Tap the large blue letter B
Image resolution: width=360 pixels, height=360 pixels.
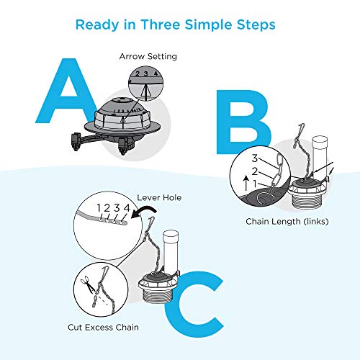click(243, 122)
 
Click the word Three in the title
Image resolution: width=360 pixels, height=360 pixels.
click(161, 24)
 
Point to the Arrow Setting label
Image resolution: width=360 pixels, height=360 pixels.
click(148, 57)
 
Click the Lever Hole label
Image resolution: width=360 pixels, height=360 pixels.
click(159, 197)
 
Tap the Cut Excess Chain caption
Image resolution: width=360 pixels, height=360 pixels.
click(103, 328)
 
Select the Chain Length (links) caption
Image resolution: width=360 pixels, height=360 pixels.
click(287, 221)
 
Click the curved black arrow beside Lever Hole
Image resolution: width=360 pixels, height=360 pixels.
click(144, 211)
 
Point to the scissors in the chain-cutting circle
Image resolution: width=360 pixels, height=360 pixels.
click(88, 284)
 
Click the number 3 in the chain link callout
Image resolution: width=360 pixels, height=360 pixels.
click(255, 158)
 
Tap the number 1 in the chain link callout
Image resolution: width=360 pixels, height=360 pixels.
click(255, 184)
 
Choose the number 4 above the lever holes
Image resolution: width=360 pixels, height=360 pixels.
click(127, 208)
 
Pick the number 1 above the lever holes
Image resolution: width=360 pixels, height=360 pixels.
click(99, 208)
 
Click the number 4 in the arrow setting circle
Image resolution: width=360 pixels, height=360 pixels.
click(156, 73)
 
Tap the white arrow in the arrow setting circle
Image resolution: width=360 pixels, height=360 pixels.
click(145, 92)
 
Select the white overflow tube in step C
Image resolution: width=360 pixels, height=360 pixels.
click(171, 251)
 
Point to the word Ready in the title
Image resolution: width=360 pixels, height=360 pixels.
click(97, 25)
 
